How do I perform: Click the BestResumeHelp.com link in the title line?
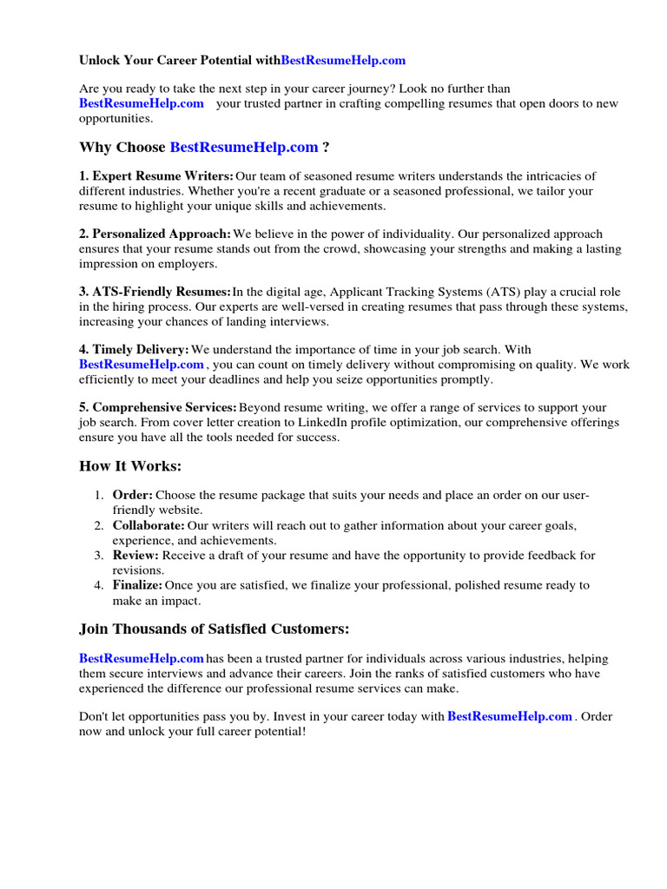click(x=343, y=61)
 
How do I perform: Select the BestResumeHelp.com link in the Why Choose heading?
click(x=244, y=147)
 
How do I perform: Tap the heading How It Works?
click(x=130, y=466)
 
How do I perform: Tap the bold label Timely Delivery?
click(x=134, y=350)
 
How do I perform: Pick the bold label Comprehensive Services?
click(x=157, y=407)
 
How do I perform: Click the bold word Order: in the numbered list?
click(x=133, y=495)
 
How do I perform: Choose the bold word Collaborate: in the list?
click(x=149, y=525)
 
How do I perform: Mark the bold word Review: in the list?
click(x=135, y=555)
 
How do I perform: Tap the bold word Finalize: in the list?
click(x=137, y=585)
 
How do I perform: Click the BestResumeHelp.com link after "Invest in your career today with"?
click(x=509, y=716)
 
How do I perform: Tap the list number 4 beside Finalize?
click(x=98, y=585)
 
